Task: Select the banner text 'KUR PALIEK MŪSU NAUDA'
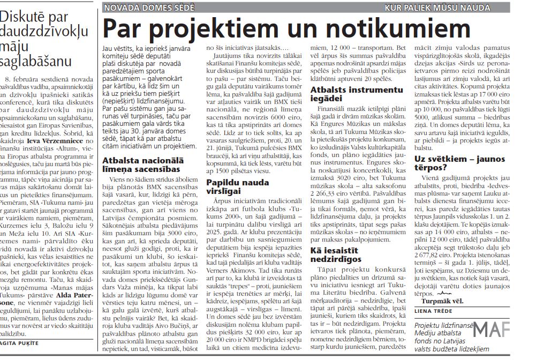click(437, 7)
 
